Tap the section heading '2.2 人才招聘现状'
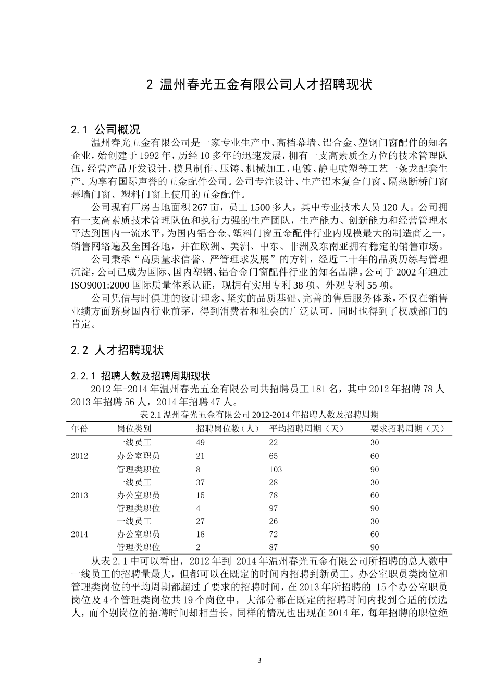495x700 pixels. pyautogui.click(x=117, y=350)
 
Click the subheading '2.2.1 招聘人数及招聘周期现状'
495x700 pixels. pyautogui.click(x=140, y=376)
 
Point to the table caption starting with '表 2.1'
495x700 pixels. pyautogui.click(x=259, y=415)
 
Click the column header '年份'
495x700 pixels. pyautogui.click(x=79, y=429)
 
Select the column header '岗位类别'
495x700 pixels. pyautogui.click(x=134, y=429)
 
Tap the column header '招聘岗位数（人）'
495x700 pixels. pyautogui.click(x=228, y=429)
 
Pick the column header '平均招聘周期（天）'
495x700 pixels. pyautogui.click(x=307, y=429)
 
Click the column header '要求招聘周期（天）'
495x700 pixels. pyautogui.click(x=408, y=429)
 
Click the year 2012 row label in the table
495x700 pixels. pyautogui.click(x=79, y=456)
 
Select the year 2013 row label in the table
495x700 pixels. pyautogui.click(x=79, y=495)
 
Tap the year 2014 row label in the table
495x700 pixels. pyautogui.click(x=79, y=534)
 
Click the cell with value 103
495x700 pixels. pyautogui.click(x=276, y=469)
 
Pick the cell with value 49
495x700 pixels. pyautogui.click(x=201, y=442)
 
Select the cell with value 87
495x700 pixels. pyautogui.click(x=274, y=547)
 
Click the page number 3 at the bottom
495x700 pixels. pyautogui.click(x=259, y=661)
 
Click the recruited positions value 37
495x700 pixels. pyautogui.click(x=201, y=482)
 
